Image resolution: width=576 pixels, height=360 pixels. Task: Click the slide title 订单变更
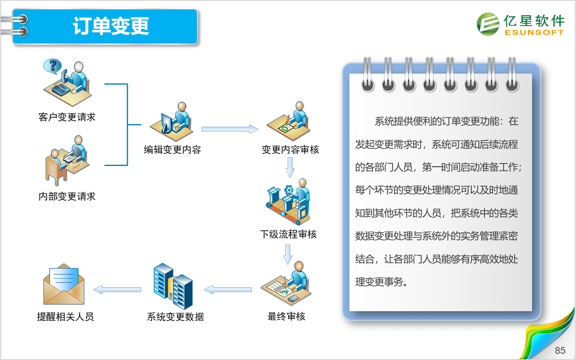[111, 26]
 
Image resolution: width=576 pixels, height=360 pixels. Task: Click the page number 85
[560, 351]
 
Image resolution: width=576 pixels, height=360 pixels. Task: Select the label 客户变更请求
[67, 117]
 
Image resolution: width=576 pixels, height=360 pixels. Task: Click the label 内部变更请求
[67, 196]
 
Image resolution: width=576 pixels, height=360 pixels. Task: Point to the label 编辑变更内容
[172, 150]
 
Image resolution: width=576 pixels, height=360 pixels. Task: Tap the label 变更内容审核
[290, 150]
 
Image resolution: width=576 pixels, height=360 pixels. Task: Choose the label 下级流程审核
[288, 234]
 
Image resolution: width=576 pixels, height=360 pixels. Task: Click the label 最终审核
[286, 316]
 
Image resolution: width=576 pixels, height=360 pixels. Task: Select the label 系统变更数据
[175, 317]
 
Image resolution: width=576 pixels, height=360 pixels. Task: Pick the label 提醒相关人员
[65, 317]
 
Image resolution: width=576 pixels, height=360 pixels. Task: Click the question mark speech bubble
[53, 66]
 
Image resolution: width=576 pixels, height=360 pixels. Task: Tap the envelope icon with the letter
[64, 284]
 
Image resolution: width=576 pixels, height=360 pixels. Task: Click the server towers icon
[173, 286]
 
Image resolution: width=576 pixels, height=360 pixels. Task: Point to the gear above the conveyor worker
[289, 190]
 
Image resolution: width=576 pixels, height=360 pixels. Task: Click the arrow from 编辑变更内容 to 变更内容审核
[230, 129]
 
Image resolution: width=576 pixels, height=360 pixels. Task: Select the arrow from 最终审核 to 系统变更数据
[228, 290]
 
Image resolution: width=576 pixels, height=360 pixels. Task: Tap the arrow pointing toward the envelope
[117, 290]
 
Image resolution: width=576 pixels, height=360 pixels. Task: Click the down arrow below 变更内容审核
[290, 168]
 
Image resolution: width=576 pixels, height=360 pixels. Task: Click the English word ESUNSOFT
[534, 33]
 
